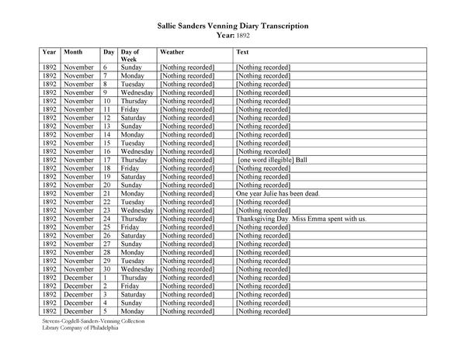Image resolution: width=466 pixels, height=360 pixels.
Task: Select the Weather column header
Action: (x=172, y=51)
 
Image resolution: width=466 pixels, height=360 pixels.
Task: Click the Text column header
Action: (x=242, y=51)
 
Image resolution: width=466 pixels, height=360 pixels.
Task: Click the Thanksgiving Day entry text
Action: (x=300, y=219)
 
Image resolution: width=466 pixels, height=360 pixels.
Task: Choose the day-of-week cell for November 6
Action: (x=131, y=67)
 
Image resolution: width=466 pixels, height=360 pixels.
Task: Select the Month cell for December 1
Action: (x=79, y=278)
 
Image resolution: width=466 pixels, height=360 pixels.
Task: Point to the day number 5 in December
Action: (x=106, y=311)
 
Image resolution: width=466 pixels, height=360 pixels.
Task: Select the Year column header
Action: (x=48, y=51)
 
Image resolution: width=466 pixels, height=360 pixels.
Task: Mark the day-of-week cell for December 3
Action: (x=135, y=295)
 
